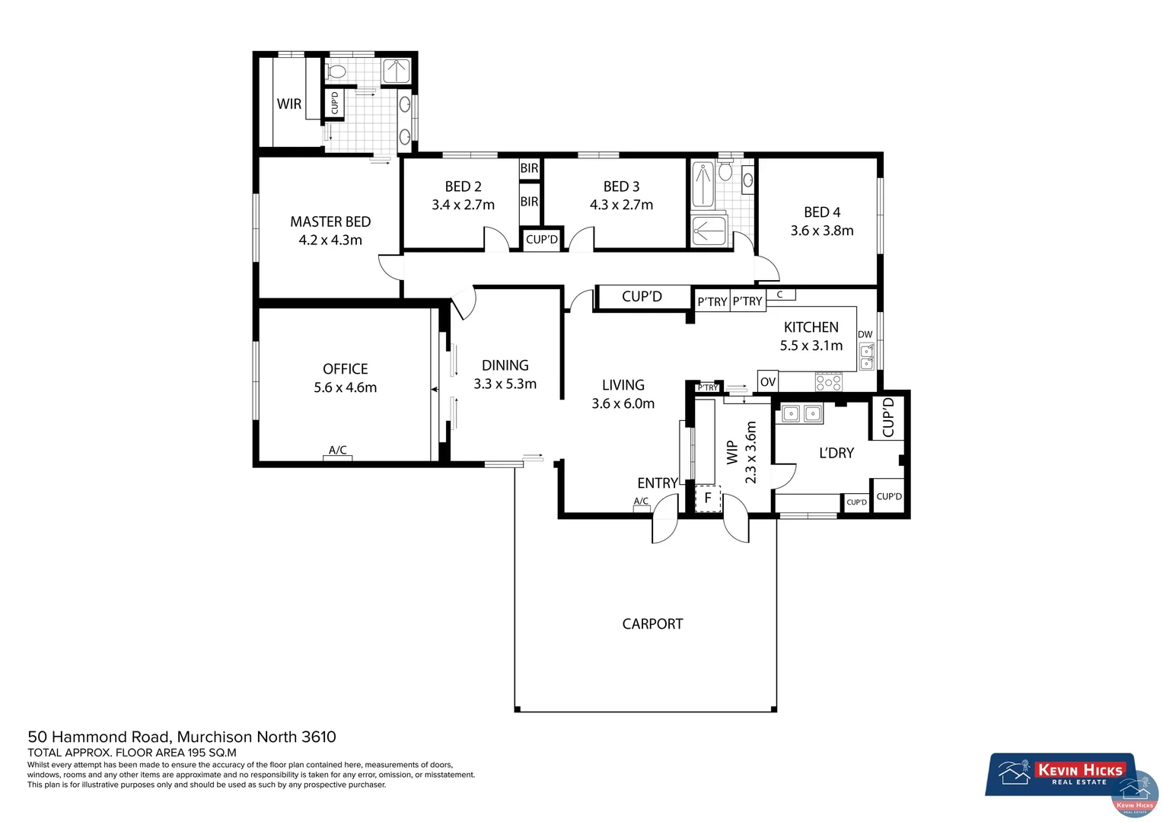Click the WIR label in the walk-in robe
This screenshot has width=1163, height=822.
click(x=288, y=104)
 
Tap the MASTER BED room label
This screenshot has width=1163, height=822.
click(x=330, y=222)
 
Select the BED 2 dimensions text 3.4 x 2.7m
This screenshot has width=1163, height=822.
click(x=463, y=205)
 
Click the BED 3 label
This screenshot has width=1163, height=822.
click(x=621, y=186)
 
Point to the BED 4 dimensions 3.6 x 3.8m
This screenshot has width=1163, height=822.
click(x=821, y=231)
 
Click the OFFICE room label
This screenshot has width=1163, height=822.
click(x=345, y=369)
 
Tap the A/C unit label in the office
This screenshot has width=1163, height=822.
click(x=337, y=451)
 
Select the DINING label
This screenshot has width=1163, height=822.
click(x=505, y=365)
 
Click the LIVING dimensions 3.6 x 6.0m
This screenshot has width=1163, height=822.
click(x=623, y=403)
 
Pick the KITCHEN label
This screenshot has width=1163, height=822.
click(x=811, y=327)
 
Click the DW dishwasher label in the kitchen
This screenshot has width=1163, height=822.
click(x=865, y=334)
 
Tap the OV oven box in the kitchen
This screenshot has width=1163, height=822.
click(x=768, y=381)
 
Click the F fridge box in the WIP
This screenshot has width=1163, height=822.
click(x=708, y=499)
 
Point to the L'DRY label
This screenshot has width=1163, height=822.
click(x=836, y=453)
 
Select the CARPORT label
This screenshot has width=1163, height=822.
click(x=652, y=624)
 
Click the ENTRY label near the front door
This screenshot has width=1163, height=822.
click(x=657, y=483)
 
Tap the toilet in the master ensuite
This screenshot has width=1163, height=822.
click(x=336, y=72)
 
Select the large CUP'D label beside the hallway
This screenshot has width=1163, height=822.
click(x=642, y=297)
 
